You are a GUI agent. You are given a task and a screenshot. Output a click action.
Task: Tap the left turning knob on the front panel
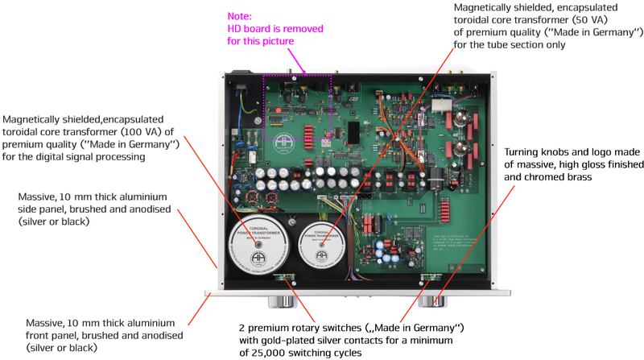pyautogui.click(x=283, y=301)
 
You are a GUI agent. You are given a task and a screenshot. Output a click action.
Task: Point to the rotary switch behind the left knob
pyautogui.click(x=283, y=279)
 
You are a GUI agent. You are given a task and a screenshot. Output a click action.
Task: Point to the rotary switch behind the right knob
pyautogui.click(x=431, y=279)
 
